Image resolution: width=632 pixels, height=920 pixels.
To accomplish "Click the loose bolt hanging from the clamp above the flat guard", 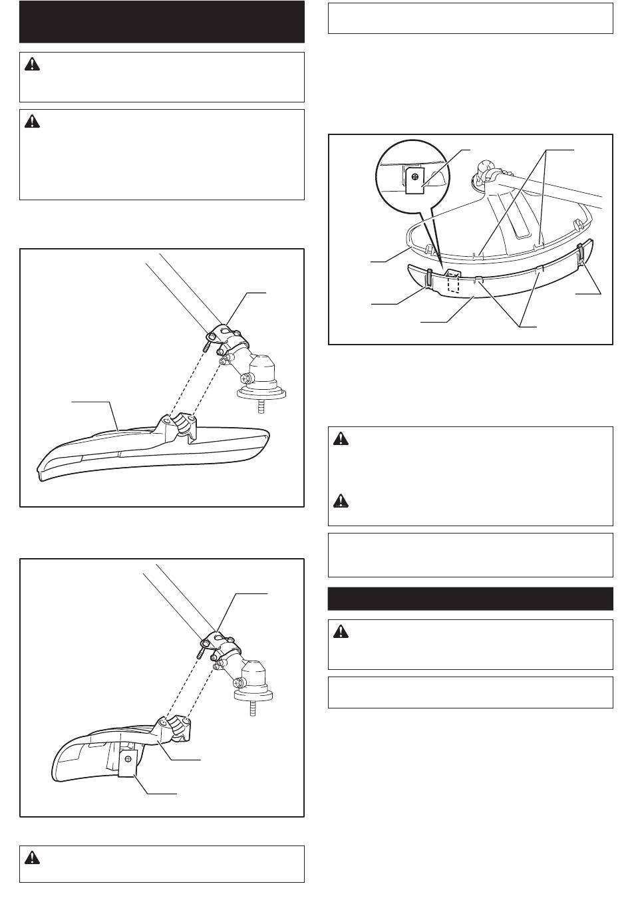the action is click(208, 347).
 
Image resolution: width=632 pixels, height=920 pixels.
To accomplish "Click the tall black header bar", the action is click(162, 22).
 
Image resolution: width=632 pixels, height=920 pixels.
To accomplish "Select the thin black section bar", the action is click(470, 599).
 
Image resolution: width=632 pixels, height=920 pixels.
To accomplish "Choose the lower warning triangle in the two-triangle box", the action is click(341, 500).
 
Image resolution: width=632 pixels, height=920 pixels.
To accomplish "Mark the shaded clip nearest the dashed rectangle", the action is click(429, 278).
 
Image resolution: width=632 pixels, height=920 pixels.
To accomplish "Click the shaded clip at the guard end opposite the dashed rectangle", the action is click(581, 254).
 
